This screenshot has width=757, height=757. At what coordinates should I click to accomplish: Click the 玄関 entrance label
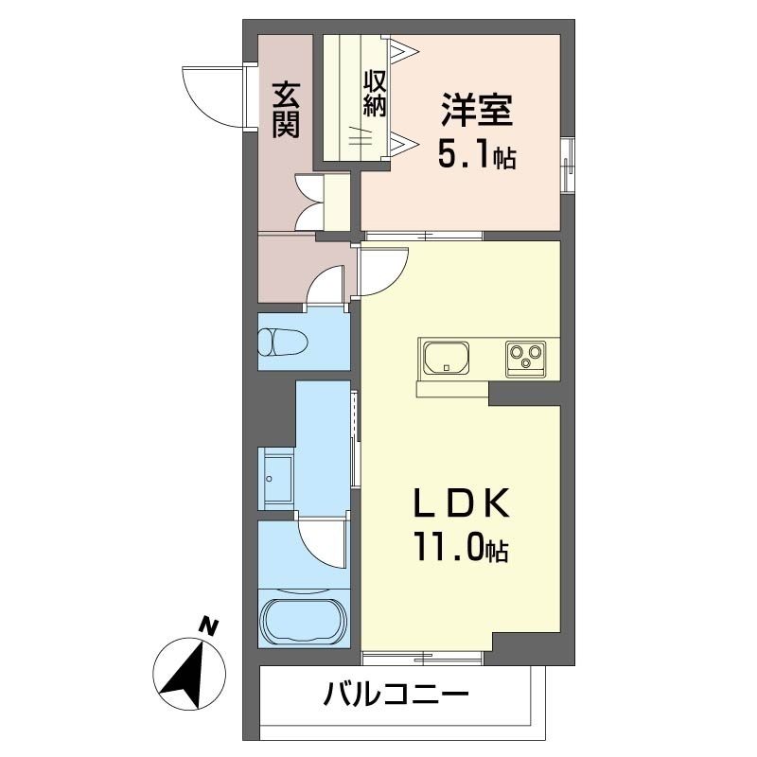[x=286, y=110]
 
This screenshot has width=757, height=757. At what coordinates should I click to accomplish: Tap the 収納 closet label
[x=375, y=93]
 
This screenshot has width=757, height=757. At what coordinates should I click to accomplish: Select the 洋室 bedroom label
[x=476, y=110]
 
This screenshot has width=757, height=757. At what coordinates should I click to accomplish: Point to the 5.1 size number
[x=465, y=152]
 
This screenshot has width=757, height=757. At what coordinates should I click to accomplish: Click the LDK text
[x=461, y=504]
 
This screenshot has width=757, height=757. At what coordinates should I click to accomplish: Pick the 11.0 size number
[x=448, y=547]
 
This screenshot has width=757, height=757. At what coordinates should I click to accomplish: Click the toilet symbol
[x=283, y=342]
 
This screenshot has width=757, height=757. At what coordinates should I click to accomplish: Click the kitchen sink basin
[x=446, y=358]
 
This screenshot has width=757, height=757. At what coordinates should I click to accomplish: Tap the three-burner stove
[x=526, y=359]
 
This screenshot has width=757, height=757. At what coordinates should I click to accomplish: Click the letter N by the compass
[x=208, y=627]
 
